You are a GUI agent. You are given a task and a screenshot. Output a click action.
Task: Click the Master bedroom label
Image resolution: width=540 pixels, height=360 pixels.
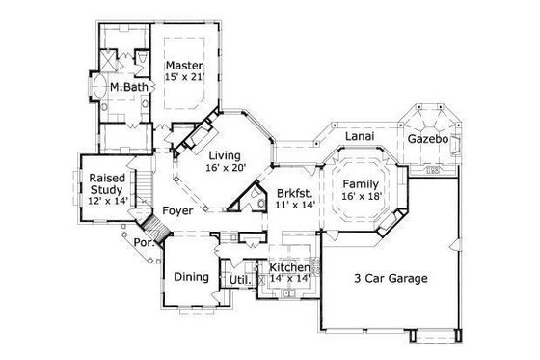[183, 66]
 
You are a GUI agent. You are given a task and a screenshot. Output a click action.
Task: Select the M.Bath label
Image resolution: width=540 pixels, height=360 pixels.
[127, 88]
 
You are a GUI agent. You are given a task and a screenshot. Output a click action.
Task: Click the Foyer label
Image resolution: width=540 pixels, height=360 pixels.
[176, 209]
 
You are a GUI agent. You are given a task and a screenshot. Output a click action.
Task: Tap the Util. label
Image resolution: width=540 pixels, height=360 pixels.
[239, 280]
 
